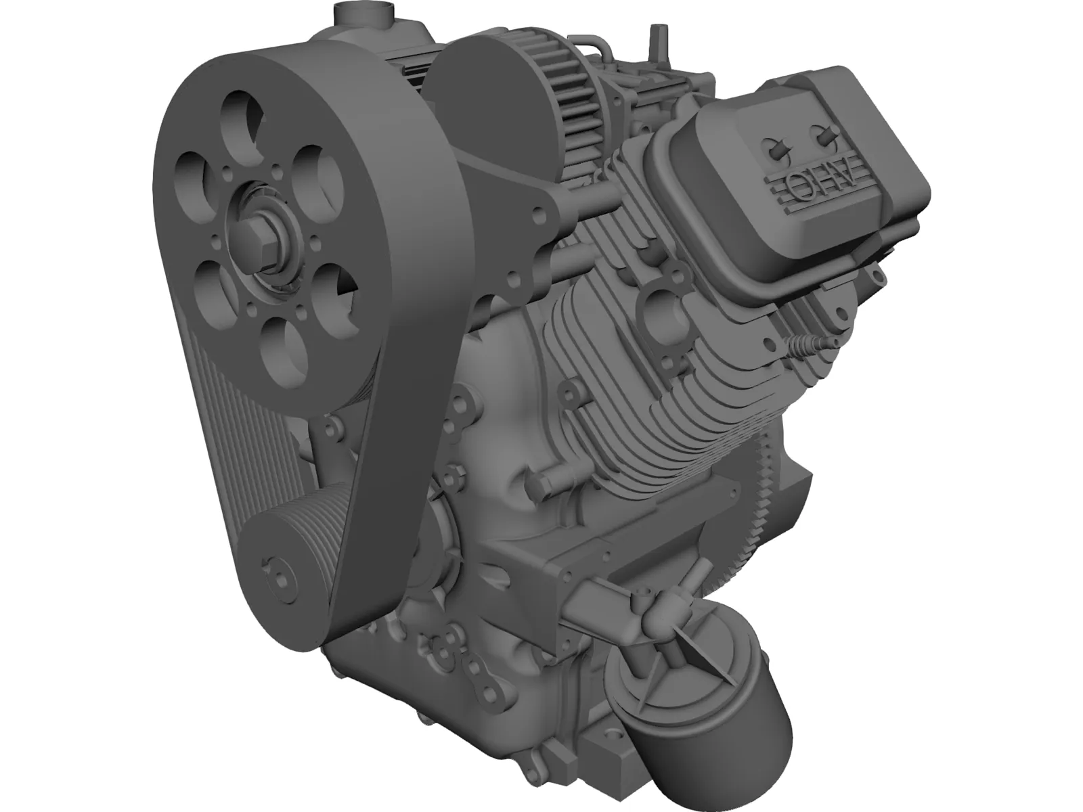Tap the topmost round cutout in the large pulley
coord(240,115)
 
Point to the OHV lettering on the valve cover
coord(809,183)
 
